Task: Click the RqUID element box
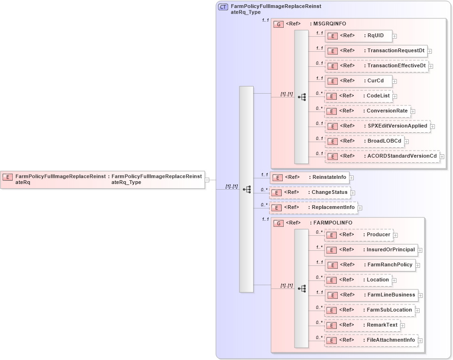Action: click(x=358, y=36)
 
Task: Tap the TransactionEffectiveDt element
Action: click(x=376, y=66)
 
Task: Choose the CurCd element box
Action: click(x=358, y=81)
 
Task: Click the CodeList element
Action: click(x=358, y=96)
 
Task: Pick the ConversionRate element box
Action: click(x=367, y=111)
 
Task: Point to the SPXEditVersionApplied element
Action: click(x=377, y=126)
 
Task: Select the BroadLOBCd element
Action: click(x=364, y=141)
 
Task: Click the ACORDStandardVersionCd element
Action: click(x=382, y=156)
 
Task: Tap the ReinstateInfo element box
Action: click(x=309, y=177)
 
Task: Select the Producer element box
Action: click(x=358, y=235)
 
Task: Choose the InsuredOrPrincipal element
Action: click(x=371, y=250)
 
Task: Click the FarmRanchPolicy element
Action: click(x=369, y=265)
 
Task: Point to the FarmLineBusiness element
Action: click(x=371, y=295)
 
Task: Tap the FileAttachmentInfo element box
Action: click(x=371, y=340)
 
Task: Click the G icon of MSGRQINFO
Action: click(x=278, y=24)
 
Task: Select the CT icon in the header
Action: click(x=223, y=7)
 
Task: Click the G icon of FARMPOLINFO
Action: click(x=278, y=223)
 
